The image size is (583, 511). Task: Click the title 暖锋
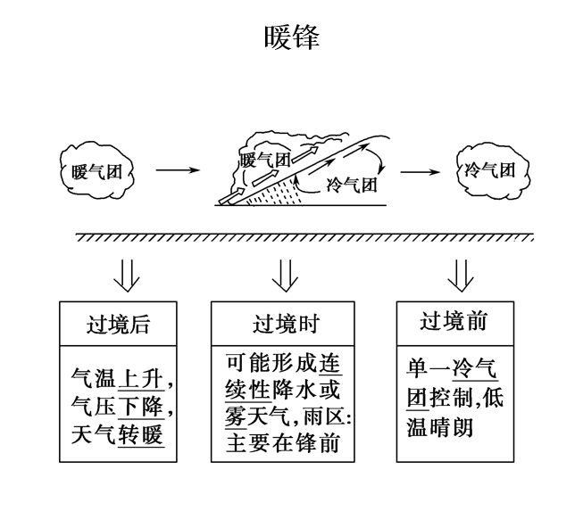pos(291,37)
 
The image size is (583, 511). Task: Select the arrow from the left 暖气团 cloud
pos(178,169)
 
